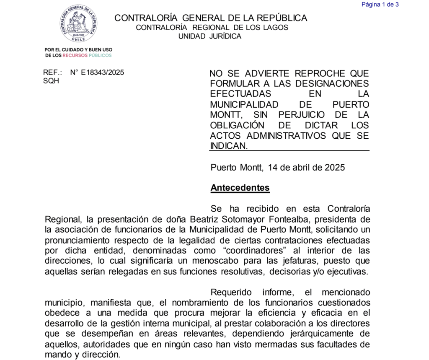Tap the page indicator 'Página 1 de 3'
(380, 5)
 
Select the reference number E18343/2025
(97, 73)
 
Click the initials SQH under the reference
(51, 81)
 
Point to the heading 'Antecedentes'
(240, 187)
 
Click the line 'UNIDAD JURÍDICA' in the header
(210, 36)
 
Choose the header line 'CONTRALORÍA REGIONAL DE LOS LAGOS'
(212, 27)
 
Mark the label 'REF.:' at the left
(52, 73)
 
